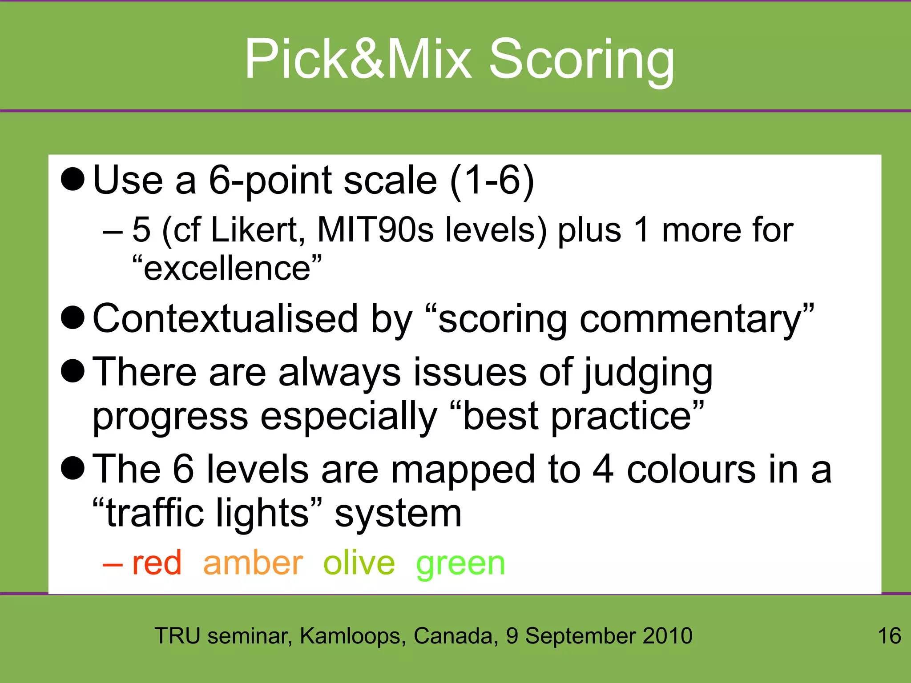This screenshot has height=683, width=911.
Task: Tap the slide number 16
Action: [889, 635]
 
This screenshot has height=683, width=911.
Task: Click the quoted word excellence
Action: [227, 269]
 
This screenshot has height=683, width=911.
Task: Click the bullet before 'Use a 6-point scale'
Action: [73, 180]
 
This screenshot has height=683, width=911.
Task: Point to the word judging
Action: [648, 374]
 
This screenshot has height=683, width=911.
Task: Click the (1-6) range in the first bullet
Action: [492, 181]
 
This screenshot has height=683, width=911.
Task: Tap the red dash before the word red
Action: [112, 565]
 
